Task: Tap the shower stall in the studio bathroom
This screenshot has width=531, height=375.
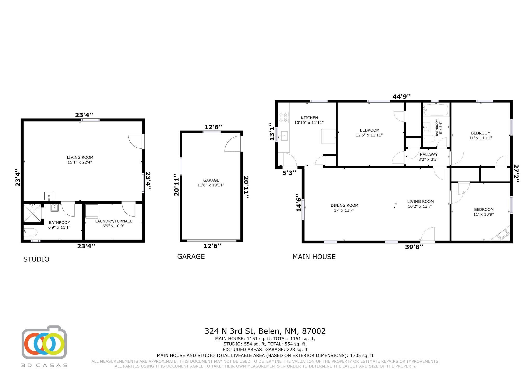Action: pos(32,213)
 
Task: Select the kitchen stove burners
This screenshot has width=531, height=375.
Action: pos(283,117)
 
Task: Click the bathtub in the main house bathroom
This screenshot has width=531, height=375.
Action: pos(436,110)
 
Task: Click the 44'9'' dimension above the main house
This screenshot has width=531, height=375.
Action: pos(401,97)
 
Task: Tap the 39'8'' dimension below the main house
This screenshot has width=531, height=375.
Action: pos(414,247)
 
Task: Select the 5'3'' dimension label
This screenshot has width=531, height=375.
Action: pos(289,173)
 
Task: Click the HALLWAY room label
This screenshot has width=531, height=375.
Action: pos(429,154)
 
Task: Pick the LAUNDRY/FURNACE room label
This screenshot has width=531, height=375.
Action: pos(114,221)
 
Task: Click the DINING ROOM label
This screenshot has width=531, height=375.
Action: pos(344,205)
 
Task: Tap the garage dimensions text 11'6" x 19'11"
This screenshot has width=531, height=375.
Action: pos(211,185)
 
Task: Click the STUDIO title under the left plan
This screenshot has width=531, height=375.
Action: pos(36,259)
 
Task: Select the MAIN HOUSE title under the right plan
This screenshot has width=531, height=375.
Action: pos(314,257)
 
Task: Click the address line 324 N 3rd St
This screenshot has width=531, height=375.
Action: pos(265,331)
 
